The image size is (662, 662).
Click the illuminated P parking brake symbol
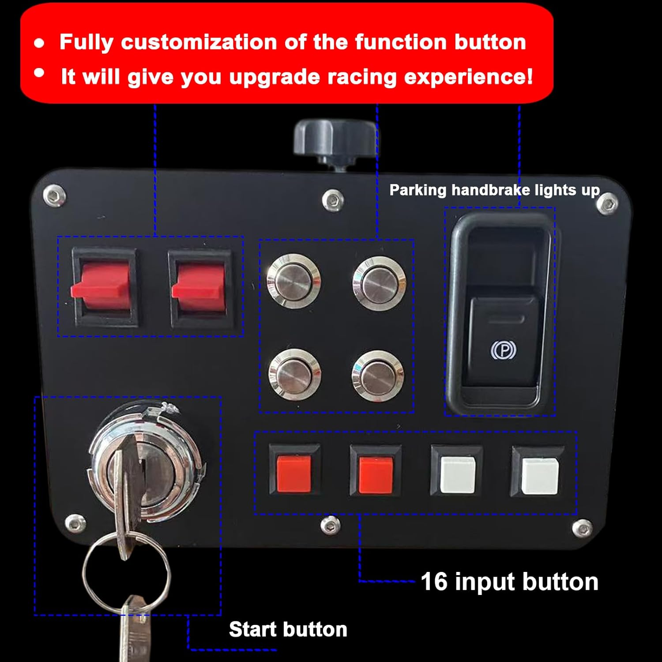tap(503, 350)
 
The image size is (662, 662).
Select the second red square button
tap(375, 474)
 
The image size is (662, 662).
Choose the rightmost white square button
tap(539, 476)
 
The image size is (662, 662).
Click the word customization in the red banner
tap(199, 42)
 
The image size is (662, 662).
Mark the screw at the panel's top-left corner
tap(54, 196)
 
